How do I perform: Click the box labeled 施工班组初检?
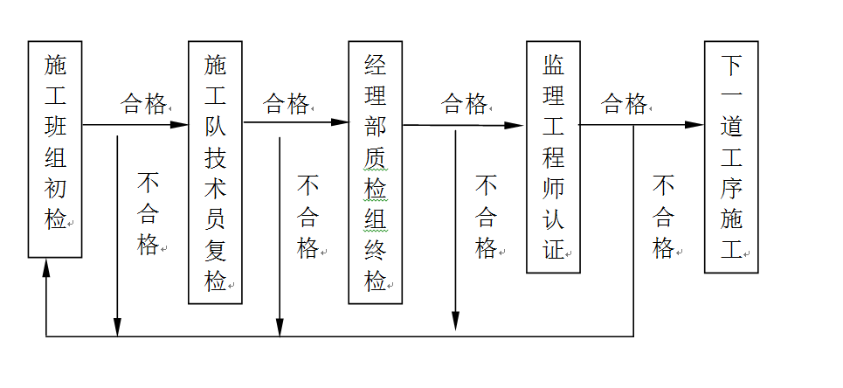tap(55, 149)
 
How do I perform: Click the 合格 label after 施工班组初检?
tap(143, 105)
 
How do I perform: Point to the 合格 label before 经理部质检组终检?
tap(286, 105)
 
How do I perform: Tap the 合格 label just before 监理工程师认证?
tap(464, 105)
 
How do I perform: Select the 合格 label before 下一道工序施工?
tap(624, 105)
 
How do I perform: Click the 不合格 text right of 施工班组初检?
tap(149, 214)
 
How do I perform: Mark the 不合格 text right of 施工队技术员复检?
tap(308, 216)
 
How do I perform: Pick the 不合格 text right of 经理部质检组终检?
tap(486, 216)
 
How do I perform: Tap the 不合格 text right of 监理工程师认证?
tap(664, 216)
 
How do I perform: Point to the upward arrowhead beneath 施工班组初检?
tap(46, 267)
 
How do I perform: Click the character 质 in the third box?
tap(375, 159)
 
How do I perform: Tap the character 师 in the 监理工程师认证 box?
tap(553, 188)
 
